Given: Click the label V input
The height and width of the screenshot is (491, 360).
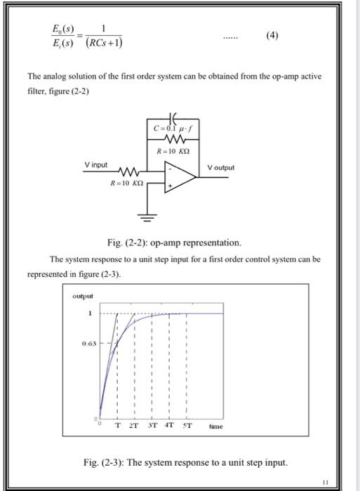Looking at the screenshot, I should [x=96, y=165].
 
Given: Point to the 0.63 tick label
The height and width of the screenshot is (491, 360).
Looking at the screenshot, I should [x=88, y=344].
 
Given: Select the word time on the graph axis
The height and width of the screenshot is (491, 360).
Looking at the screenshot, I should [x=217, y=426].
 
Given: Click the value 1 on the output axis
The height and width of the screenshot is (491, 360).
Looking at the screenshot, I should [x=89, y=313].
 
